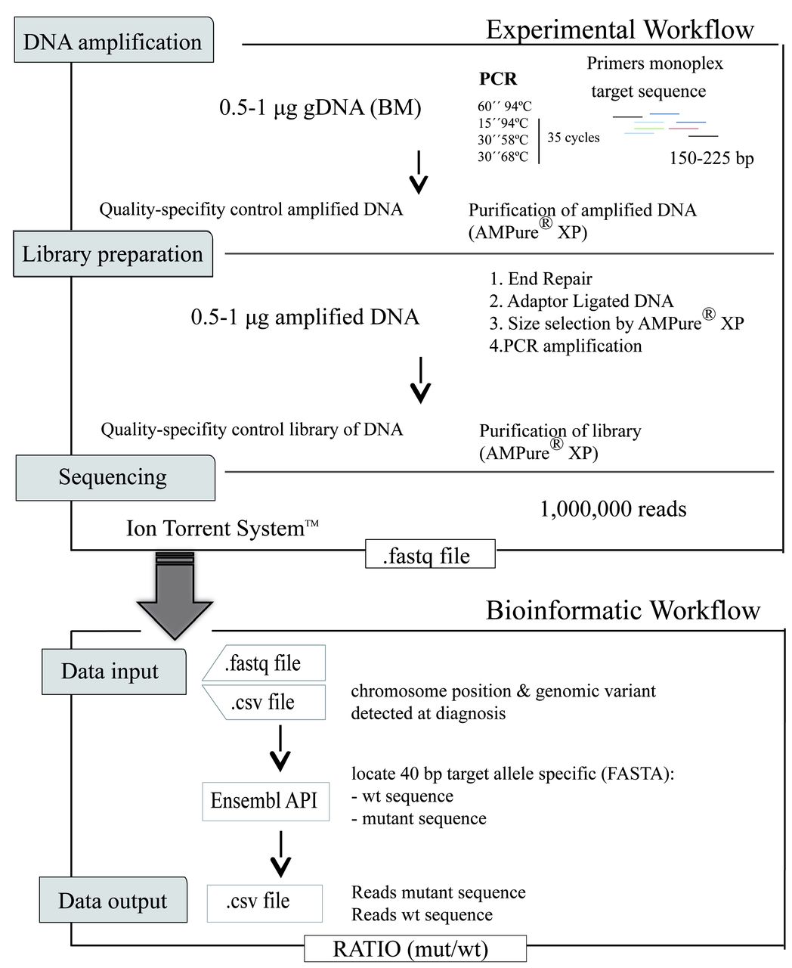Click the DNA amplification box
point(113,42)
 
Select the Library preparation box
point(113,254)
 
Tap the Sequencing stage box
point(114,477)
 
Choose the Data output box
point(113,901)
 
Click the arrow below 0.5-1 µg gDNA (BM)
point(418,173)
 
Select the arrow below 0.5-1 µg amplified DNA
point(420,379)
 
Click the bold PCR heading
point(498,79)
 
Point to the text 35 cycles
point(573,138)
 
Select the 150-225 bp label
point(711,159)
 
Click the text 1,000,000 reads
point(613,509)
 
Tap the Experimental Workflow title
point(620,29)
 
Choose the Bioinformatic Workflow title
point(623,610)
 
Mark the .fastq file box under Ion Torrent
point(430,555)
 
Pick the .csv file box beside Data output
point(265,901)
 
